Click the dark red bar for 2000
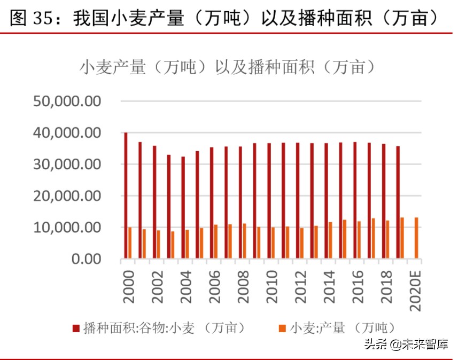point(126,195)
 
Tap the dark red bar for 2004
point(183,208)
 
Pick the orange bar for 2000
point(130,243)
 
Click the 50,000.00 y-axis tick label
point(67,101)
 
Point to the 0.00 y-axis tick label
point(86,259)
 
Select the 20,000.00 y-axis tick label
point(67,196)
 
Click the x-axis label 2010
point(271,286)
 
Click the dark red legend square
point(76,328)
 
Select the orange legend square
point(283,328)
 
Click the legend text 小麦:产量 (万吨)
point(342,328)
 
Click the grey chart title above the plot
point(227,67)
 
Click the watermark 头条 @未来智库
point(406,345)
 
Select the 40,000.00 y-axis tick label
point(67,132)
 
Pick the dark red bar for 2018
point(384,201)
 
